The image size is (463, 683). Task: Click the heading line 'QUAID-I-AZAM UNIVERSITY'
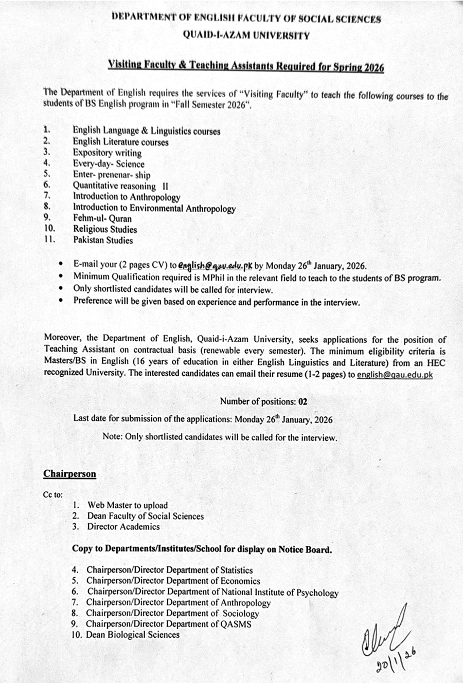click(246, 35)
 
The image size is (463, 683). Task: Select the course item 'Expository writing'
click(107, 153)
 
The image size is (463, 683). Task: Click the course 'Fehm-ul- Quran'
click(102, 218)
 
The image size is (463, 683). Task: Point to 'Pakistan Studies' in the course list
click(103, 240)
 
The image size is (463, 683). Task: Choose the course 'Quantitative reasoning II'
click(120, 186)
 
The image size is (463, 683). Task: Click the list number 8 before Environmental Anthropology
click(46, 208)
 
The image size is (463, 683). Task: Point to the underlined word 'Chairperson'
click(69, 474)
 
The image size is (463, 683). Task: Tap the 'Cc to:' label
click(53, 495)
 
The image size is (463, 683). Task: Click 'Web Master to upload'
click(128, 505)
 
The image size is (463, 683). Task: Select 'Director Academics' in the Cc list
click(123, 526)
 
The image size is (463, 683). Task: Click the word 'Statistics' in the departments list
click(236, 570)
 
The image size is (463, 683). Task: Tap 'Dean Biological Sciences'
click(133, 635)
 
